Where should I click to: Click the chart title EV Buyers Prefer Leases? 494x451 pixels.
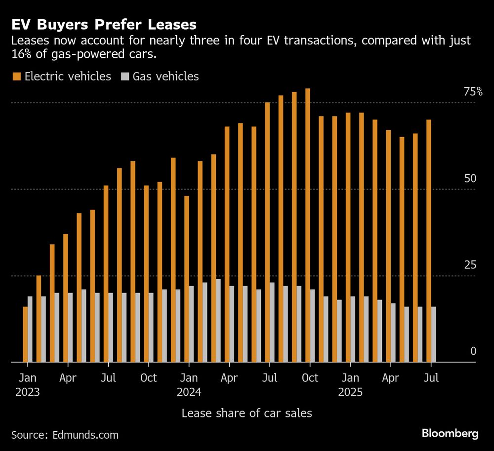pos(104,25)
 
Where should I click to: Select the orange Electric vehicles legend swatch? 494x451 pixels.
pos(16,76)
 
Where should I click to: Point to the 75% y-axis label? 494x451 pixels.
pos(472,92)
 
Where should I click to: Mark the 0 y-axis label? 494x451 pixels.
pos(473,351)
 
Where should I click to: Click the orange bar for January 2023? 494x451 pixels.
pos(25,334)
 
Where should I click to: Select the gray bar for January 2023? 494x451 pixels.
pos(30,329)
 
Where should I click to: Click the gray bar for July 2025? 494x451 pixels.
pos(434,334)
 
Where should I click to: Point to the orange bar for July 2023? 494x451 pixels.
pos(106,273)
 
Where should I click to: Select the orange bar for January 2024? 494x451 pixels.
pos(187,279)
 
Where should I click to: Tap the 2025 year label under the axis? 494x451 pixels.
pos(350,393)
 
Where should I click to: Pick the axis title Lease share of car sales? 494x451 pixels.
pos(247,413)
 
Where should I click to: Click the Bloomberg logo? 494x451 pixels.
pos(450,434)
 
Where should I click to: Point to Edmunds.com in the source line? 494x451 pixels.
pos(84,435)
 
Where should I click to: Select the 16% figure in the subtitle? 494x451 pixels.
pos(20,54)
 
